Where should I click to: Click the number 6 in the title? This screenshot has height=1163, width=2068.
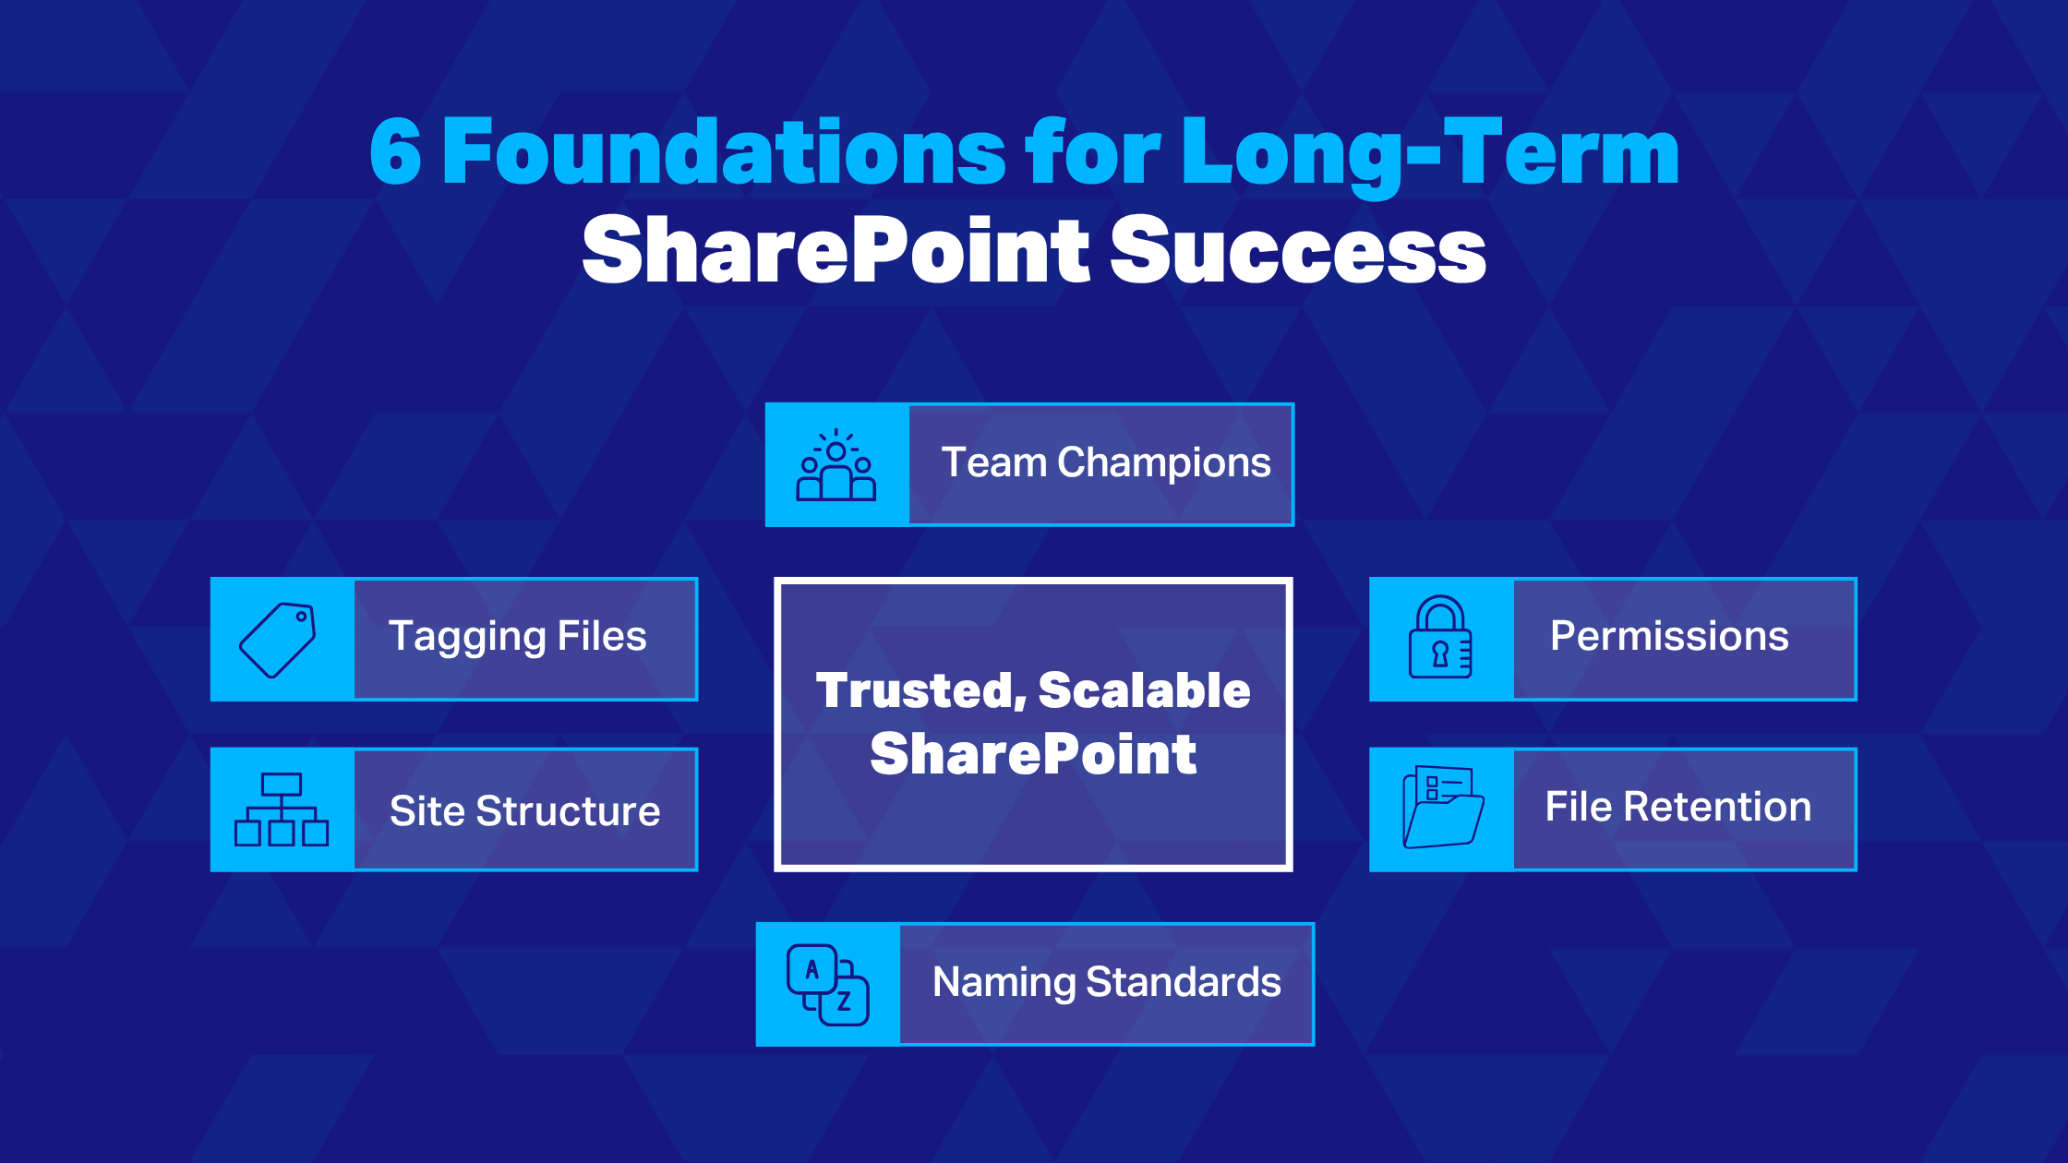click(396, 153)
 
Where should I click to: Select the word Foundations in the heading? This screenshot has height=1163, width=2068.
click(724, 153)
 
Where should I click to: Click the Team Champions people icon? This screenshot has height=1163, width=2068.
click(836, 465)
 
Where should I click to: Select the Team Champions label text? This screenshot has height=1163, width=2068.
click(1105, 463)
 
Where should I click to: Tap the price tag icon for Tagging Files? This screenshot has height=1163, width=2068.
click(279, 640)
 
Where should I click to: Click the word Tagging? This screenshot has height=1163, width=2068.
click(467, 638)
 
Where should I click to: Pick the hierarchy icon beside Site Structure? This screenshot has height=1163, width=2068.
click(282, 809)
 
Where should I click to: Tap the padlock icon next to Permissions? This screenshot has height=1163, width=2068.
click(1440, 638)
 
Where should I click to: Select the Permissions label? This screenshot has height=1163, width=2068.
click(1669, 636)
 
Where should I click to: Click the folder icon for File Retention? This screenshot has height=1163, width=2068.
click(1442, 808)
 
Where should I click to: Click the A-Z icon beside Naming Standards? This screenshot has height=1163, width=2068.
click(827, 984)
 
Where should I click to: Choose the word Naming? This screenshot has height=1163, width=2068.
click(1004, 983)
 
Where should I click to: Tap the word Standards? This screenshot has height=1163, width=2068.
click(1184, 982)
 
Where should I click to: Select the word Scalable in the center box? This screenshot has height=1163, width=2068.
click(1145, 690)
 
